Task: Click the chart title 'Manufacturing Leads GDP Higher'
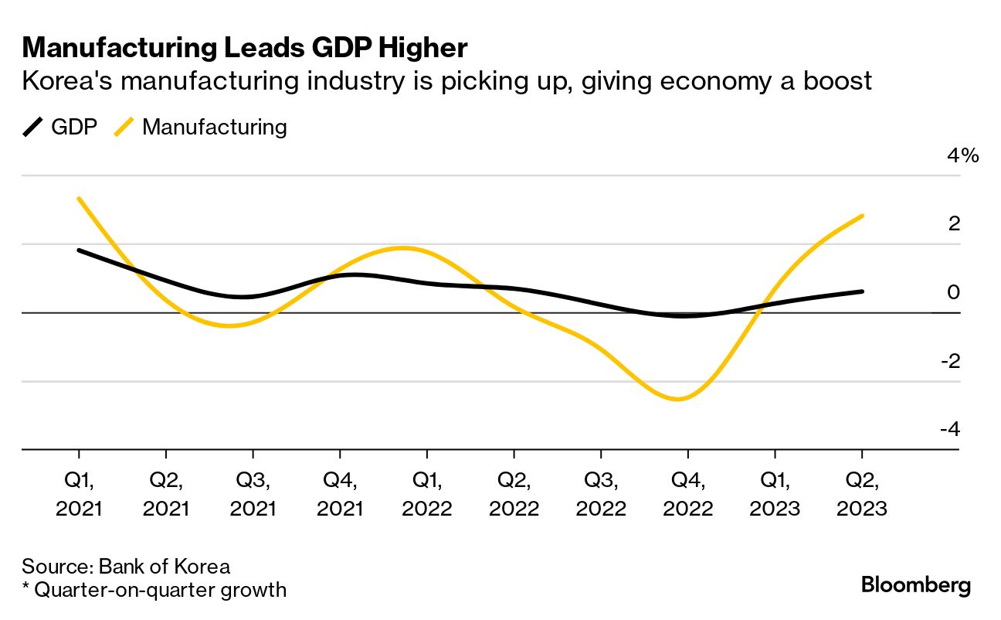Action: [245, 48]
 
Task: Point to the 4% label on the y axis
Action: [962, 156]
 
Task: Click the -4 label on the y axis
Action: [950, 429]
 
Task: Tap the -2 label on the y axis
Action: [950, 361]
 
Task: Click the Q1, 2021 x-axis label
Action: [79, 495]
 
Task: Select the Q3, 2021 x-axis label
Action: [253, 495]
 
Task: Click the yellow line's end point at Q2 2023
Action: [862, 216]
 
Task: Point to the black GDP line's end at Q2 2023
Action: [862, 291]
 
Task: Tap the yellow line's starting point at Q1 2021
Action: [79, 199]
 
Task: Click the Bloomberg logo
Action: [915, 585]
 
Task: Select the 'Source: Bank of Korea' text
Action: [126, 566]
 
